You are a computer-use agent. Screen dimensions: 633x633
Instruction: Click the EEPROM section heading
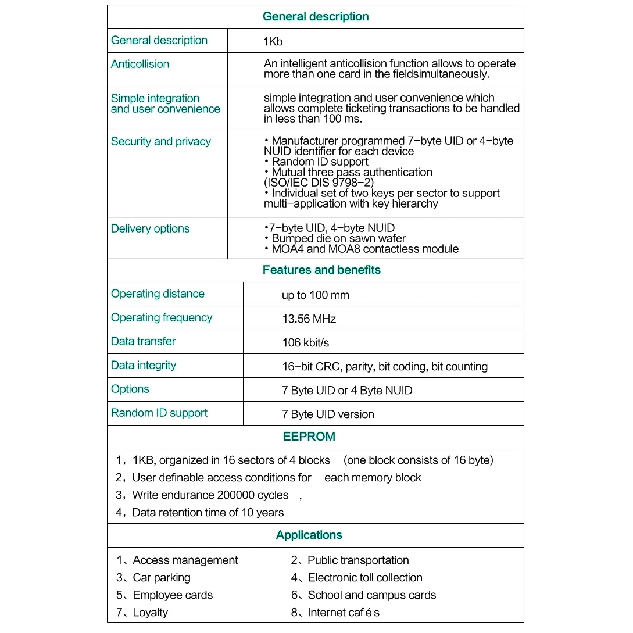click(309, 437)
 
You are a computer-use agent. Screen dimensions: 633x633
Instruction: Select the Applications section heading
click(309, 535)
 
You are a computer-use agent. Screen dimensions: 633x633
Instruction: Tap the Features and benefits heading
click(321, 270)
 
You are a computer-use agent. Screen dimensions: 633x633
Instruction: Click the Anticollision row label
click(140, 64)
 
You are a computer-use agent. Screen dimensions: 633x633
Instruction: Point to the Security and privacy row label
click(160, 141)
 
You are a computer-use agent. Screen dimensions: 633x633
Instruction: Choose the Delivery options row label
click(150, 228)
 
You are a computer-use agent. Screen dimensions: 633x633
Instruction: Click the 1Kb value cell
click(273, 42)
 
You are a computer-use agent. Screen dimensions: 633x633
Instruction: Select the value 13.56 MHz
click(309, 319)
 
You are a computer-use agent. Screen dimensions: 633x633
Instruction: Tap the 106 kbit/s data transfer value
click(305, 342)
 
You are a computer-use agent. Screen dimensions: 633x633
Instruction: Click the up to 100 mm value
click(315, 295)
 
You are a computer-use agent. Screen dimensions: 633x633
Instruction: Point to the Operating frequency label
click(162, 317)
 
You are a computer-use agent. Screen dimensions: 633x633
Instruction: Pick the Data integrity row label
click(143, 365)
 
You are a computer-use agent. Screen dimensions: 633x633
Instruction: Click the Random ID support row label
click(159, 413)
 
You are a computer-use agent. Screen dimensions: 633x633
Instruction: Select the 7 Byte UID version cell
click(328, 414)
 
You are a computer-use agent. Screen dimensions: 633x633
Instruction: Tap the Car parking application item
click(161, 577)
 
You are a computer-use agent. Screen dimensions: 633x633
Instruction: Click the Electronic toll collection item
click(364, 577)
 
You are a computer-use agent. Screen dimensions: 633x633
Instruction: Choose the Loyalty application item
click(150, 612)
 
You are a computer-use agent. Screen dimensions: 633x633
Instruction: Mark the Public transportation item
click(357, 560)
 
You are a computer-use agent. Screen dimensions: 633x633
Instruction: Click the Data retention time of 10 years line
click(208, 512)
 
